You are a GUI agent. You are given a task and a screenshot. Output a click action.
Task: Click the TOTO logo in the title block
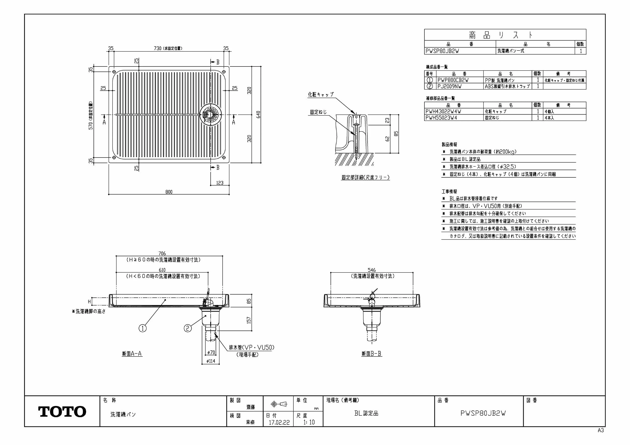(62, 412)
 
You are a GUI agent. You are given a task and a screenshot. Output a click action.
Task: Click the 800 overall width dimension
(169, 192)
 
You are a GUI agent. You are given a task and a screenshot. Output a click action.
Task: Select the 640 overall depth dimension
(258, 115)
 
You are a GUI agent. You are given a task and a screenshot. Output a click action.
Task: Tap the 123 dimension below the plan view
(220, 183)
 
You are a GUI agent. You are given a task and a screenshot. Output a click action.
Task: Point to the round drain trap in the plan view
(211, 115)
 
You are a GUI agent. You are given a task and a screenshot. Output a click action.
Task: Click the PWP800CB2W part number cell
(453, 80)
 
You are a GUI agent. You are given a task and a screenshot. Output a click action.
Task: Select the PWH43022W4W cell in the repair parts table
(443, 112)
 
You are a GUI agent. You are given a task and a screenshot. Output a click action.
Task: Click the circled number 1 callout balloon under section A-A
(143, 328)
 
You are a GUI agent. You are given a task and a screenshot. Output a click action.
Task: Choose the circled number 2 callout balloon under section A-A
(188, 328)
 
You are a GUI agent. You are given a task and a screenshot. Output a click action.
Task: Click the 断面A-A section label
(132, 354)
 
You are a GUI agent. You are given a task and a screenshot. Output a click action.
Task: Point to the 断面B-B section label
(372, 354)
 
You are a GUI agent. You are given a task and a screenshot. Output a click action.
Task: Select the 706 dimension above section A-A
(162, 253)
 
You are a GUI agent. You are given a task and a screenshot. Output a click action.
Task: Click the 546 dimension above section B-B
(372, 270)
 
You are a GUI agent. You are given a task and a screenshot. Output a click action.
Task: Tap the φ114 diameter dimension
(211, 361)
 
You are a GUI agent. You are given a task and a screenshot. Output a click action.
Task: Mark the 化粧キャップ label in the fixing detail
(321, 95)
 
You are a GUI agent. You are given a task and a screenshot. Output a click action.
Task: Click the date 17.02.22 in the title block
(279, 423)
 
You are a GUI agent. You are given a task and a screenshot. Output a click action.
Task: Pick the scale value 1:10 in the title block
(309, 422)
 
